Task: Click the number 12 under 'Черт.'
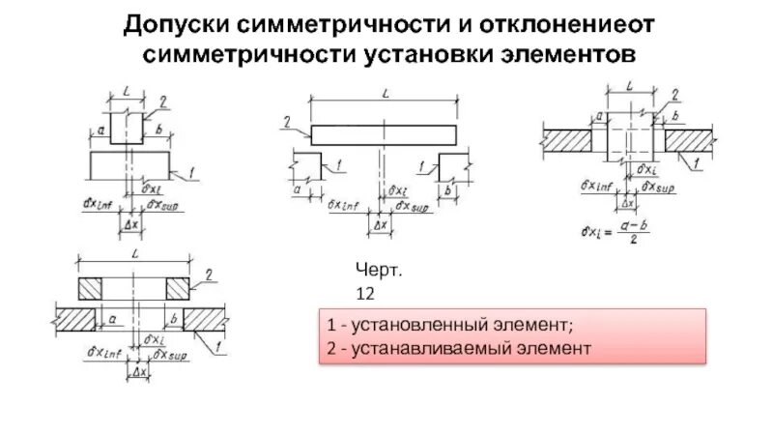366,291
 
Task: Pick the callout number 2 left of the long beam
288,122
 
